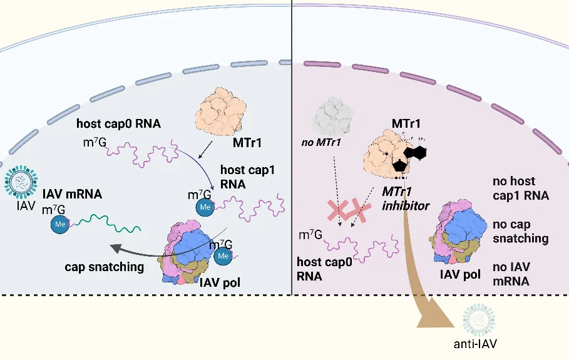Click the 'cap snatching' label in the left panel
coord(104,266)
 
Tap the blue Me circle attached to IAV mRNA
coord(61,226)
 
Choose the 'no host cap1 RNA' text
coord(521,188)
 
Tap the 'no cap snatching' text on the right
coord(521,231)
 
